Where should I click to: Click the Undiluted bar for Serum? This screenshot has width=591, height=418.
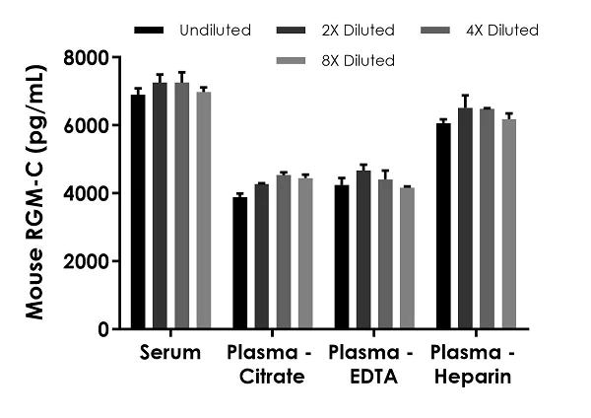tap(139, 212)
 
